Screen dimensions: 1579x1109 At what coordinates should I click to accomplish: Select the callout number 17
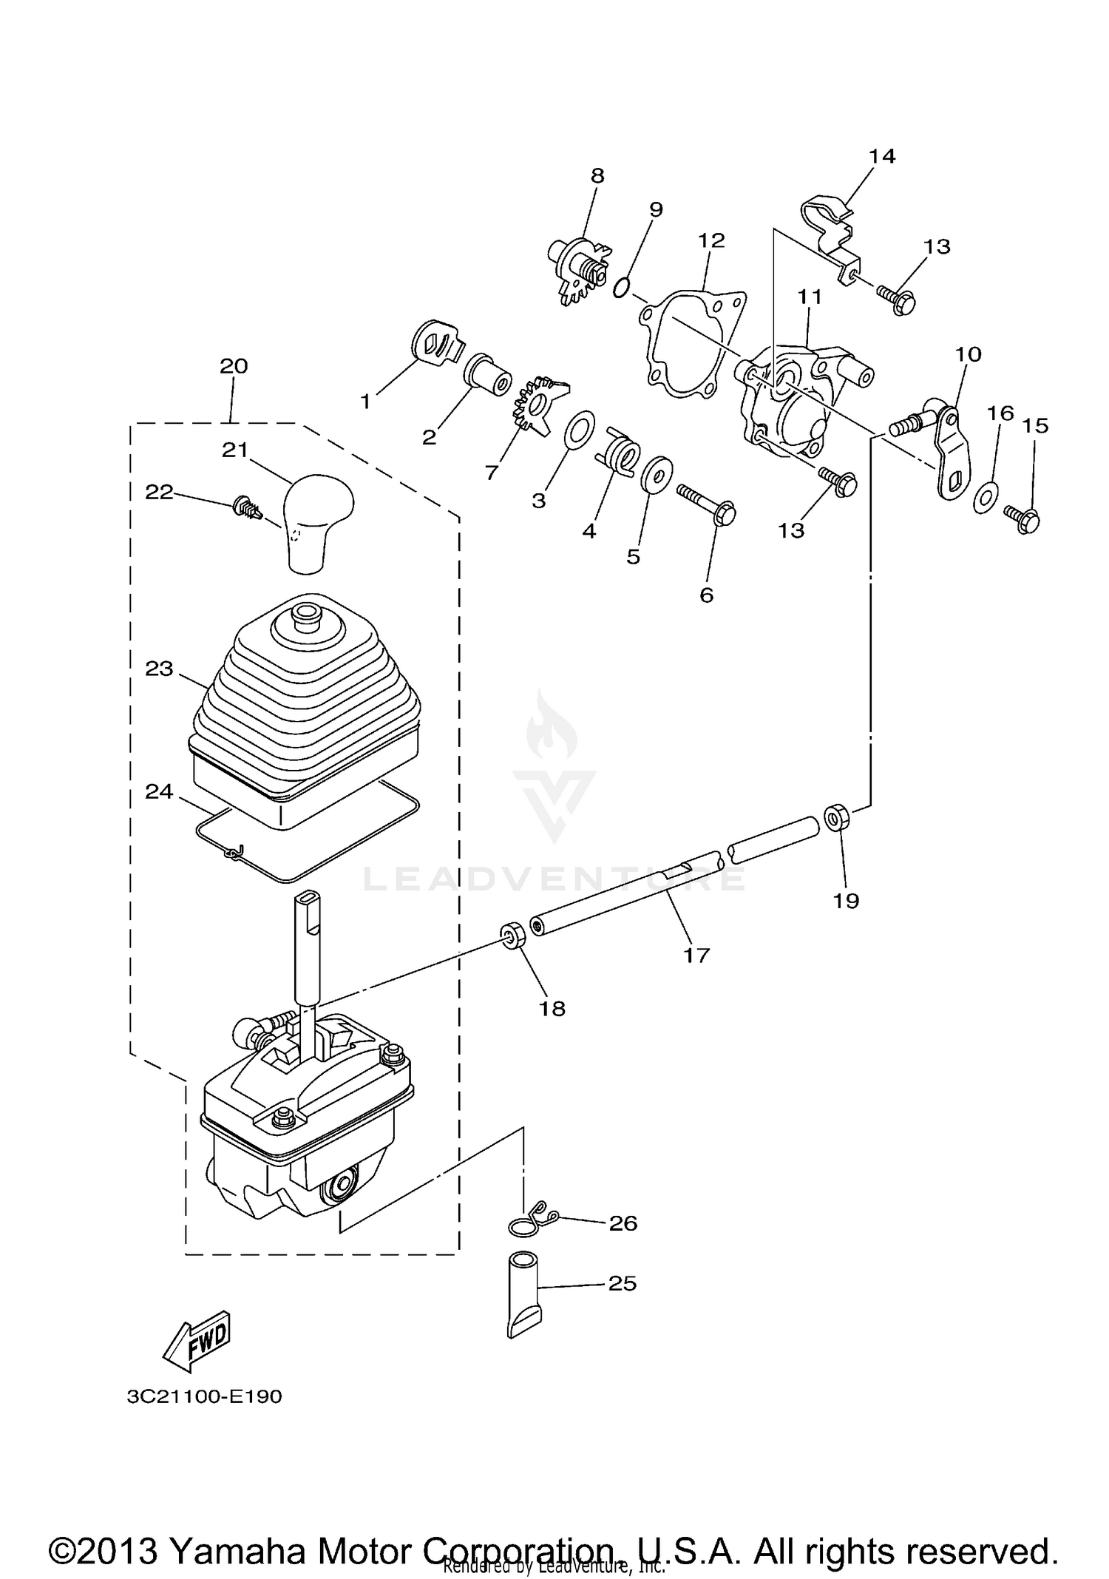(696, 955)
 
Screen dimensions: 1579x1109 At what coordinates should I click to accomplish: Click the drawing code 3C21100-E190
(205, 1396)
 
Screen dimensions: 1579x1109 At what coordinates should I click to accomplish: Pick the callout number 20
(234, 366)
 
